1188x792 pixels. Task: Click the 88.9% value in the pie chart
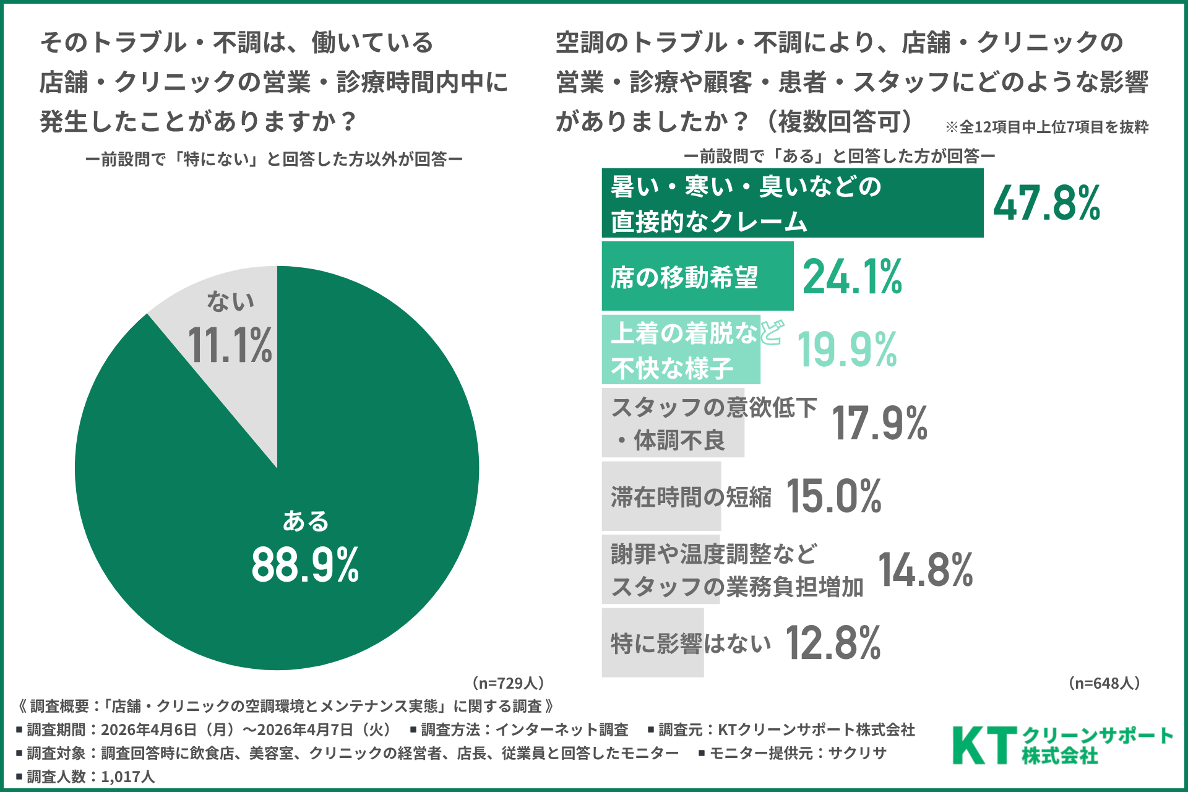[x=305, y=565]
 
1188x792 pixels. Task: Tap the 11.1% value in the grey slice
[x=230, y=345]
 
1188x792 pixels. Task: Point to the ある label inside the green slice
[x=305, y=521]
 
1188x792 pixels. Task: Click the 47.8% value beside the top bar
[x=1047, y=203]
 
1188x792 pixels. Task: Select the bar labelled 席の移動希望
[x=697, y=276]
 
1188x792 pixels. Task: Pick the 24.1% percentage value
[x=852, y=277]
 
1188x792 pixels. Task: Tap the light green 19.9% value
[x=847, y=350]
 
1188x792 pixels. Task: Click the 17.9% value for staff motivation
[x=879, y=424]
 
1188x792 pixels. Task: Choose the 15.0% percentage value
[x=833, y=496]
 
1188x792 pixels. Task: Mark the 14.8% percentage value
[x=925, y=570]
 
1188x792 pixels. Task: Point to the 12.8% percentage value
[x=833, y=643]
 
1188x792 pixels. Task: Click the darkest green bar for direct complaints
[x=792, y=203]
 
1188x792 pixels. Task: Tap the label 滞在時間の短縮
[x=691, y=497]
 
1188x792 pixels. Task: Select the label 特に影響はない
[x=691, y=643]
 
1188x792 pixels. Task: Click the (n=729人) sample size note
[x=508, y=683]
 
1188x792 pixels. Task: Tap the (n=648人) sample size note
[x=1104, y=683]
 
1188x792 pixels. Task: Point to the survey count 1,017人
[x=127, y=777]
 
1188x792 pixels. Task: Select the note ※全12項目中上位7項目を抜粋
[x=1046, y=127]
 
